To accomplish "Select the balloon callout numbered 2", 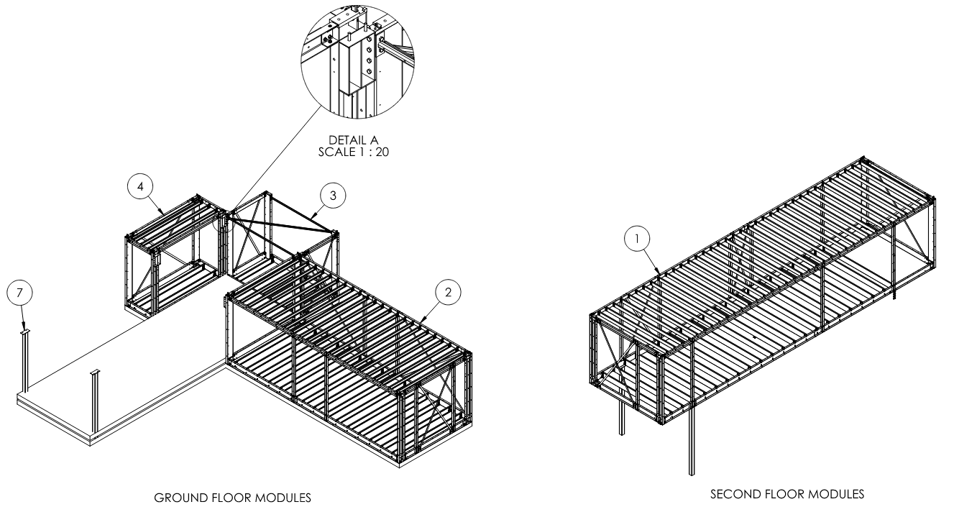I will point(449,292).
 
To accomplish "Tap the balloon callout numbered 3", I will point(333,194).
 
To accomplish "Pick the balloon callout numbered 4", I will point(140,186).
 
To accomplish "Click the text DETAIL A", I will point(353,140).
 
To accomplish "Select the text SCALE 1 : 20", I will point(353,152).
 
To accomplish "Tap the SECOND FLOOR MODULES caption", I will point(787,494).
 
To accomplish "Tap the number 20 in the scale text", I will point(382,152).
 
